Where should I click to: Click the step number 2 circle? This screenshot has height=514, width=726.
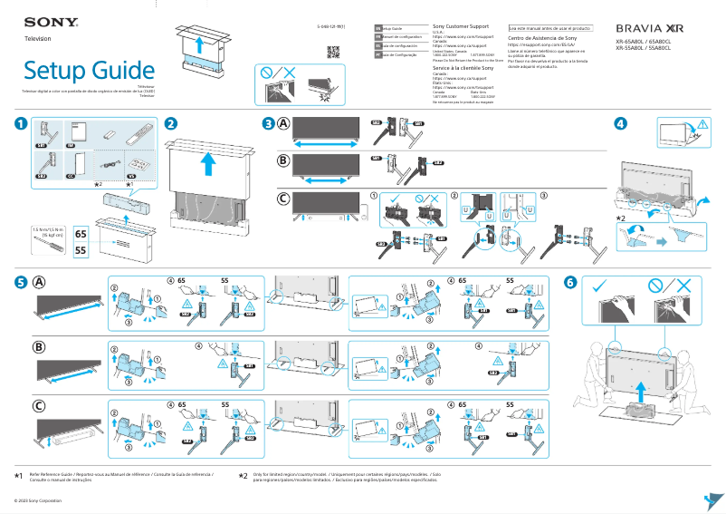pos(170,123)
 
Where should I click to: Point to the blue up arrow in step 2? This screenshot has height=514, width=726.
pos(209,163)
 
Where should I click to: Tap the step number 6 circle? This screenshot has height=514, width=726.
pos(569,281)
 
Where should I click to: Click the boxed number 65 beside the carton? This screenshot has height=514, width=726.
pos(80,233)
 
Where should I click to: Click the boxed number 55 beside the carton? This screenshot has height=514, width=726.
pos(80,249)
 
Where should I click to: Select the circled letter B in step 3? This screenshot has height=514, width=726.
pos(284,160)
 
